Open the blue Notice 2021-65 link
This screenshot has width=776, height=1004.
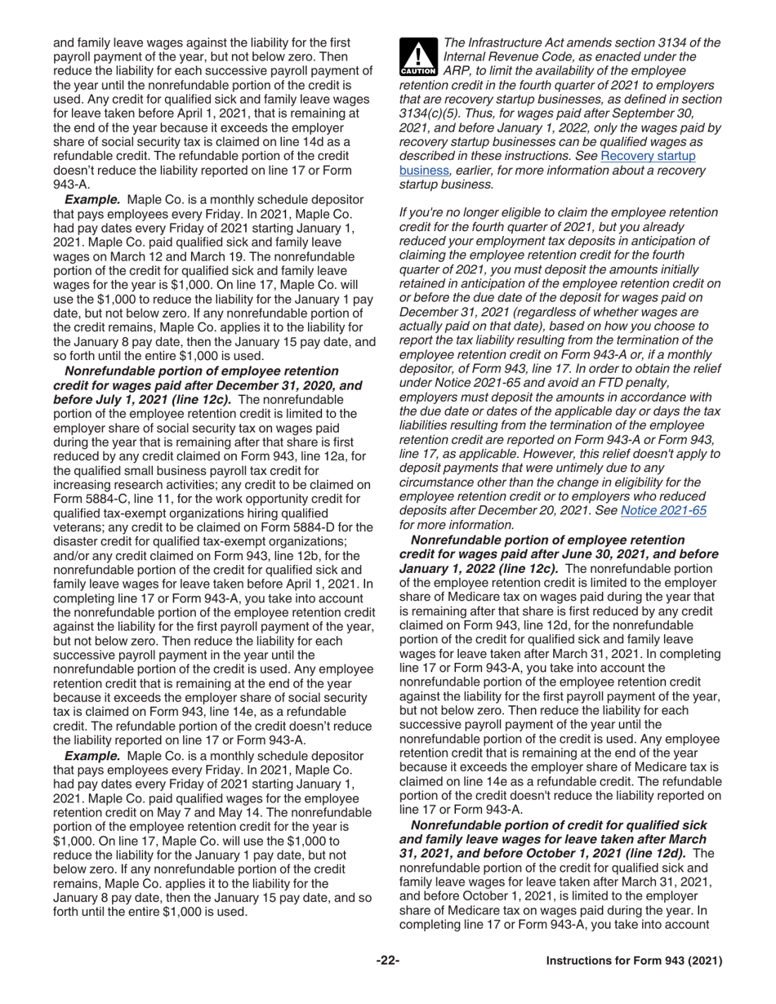pos(663,511)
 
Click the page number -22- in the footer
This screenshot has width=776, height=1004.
pos(388,961)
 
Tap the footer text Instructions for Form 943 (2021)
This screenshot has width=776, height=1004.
pos(634,961)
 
